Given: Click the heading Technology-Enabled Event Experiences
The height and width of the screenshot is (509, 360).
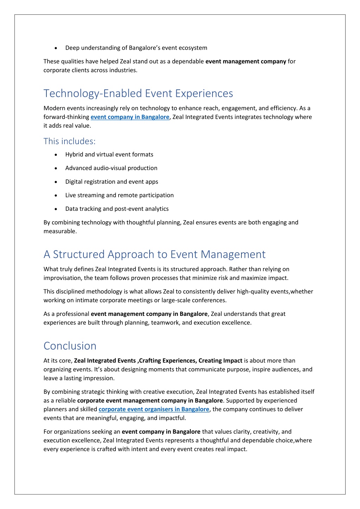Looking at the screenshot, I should click(x=138, y=93).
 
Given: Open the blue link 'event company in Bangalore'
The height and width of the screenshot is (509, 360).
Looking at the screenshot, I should click(x=130, y=117).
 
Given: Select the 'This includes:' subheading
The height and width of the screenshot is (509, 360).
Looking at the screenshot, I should click(x=69, y=141).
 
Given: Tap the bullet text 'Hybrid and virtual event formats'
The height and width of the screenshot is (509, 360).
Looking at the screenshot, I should click(x=109, y=154).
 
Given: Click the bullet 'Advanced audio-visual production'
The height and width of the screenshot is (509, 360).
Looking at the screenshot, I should click(x=111, y=168).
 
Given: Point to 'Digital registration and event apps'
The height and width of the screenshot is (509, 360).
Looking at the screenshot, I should click(x=112, y=182).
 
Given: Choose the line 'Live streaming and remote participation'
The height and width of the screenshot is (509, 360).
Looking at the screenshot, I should click(x=119, y=195).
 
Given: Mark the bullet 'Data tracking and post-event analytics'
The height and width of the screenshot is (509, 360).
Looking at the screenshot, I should click(x=117, y=209).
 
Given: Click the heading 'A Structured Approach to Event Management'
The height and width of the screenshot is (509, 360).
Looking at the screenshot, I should click(x=154, y=254).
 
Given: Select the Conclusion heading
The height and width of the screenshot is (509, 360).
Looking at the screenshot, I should click(x=70, y=346).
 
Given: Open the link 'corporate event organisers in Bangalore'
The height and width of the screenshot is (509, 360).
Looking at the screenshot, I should click(x=154, y=409).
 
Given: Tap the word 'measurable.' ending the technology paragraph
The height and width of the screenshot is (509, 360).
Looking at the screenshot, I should click(x=60, y=231).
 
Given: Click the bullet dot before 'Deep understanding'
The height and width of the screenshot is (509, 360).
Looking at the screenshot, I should click(x=56, y=48).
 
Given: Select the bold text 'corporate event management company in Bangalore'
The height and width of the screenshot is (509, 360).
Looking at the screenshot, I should click(x=150, y=400).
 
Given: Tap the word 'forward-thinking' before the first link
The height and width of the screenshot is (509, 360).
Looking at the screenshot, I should click(x=66, y=117).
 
